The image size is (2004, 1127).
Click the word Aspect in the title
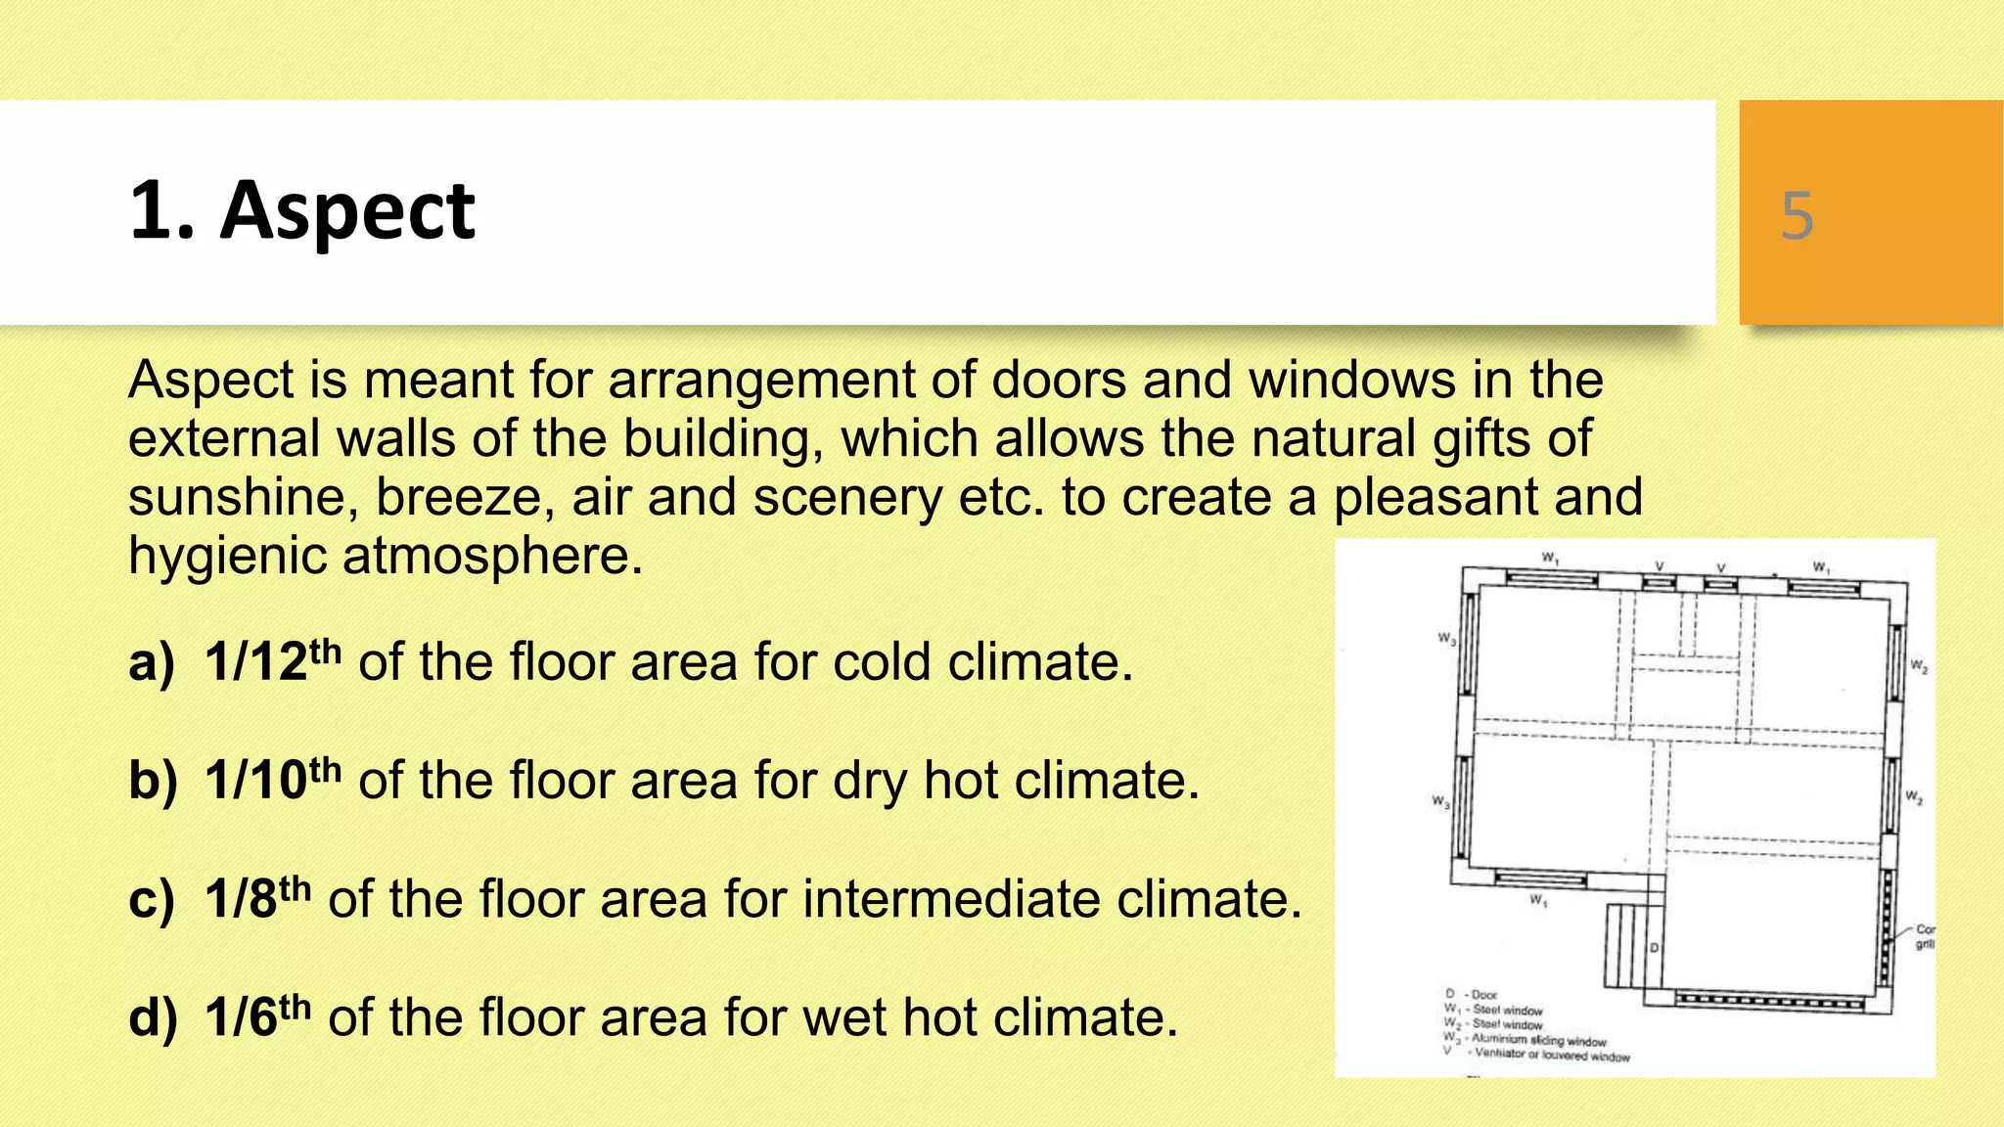347,210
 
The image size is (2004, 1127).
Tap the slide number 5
1797,215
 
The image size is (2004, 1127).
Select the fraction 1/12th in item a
272,661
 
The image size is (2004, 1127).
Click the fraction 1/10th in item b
272,780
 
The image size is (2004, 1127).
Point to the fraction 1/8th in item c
257,898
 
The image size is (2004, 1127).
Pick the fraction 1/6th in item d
257,1016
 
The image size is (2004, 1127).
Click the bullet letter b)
153,780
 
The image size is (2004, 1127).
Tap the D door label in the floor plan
1655,948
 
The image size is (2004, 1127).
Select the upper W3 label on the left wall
1446,640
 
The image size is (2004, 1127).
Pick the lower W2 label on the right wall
1914,798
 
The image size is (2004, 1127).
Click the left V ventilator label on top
1659,566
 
